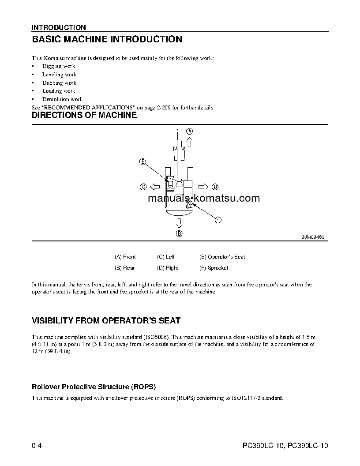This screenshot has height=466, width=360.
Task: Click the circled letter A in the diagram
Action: pyautogui.click(x=189, y=131)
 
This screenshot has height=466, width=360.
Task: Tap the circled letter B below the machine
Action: pyautogui.click(x=179, y=234)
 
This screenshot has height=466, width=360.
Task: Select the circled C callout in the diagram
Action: pyautogui.click(x=143, y=187)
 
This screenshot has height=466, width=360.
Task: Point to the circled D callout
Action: pyautogui.click(x=215, y=187)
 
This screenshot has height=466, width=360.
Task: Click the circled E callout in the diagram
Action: pyautogui.click(x=142, y=162)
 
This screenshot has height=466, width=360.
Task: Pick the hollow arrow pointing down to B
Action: pyautogui.click(x=179, y=222)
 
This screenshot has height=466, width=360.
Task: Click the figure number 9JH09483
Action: pyautogui.click(x=313, y=237)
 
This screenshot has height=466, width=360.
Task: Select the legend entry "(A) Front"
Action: pyautogui.click(x=125, y=257)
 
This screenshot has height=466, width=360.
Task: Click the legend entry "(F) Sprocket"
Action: pyautogui.click(x=214, y=268)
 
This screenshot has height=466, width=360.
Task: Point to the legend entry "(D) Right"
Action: pyautogui.click(x=167, y=268)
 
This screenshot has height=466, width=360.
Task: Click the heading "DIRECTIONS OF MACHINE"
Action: pyautogui.click(x=84, y=116)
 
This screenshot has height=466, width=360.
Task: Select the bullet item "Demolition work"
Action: pyautogui.click(x=62, y=99)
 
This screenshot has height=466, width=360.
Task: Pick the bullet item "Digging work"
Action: pyautogui.click(x=59, y=66)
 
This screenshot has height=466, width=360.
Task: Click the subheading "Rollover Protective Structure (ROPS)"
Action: pyautogui.click(x=94, y=387)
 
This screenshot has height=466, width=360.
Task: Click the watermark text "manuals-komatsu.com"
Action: pyautogui.click(x=204, y=199)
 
